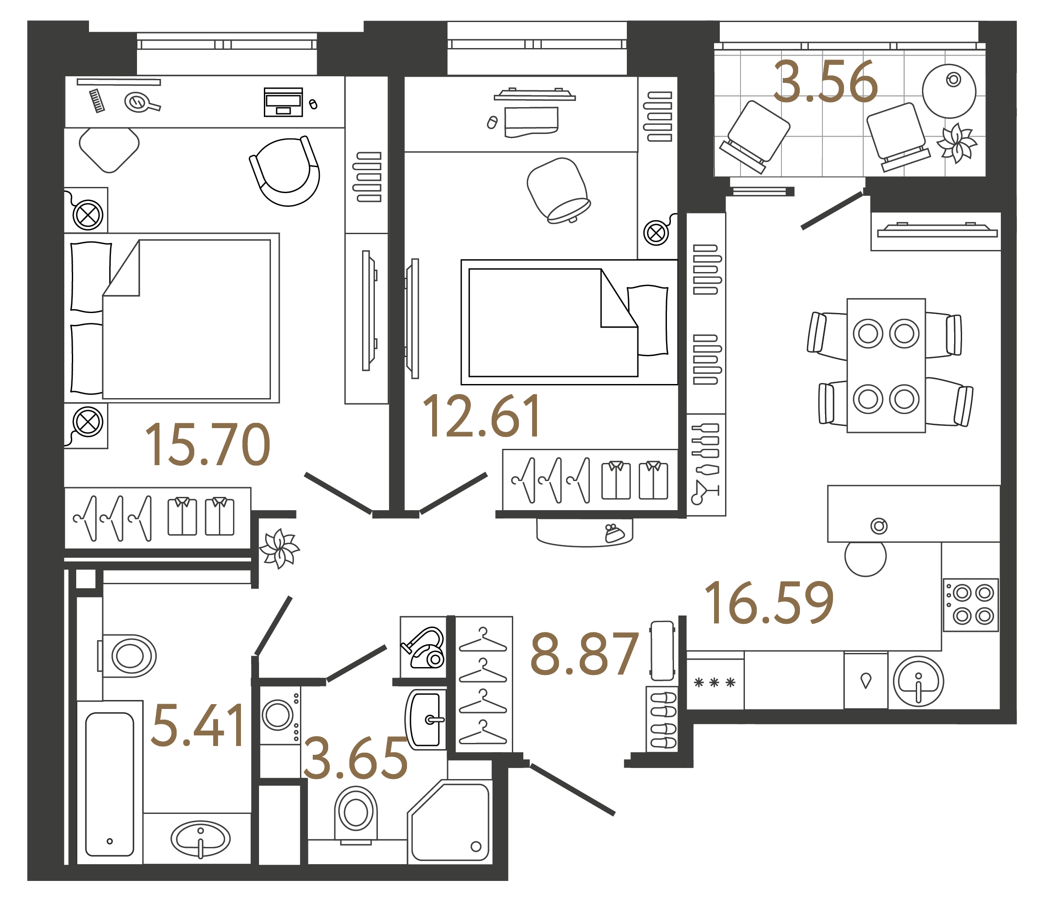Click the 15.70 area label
(207, 445)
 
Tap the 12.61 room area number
(481, 417)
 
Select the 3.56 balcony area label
(826, 82)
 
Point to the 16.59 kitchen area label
(769, 603)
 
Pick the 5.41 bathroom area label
(197, 726)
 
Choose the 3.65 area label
(355, 758)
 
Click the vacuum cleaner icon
(423, 648)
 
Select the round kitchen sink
(918, 682)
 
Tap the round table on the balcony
(949, 91)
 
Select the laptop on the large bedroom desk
(283, 102)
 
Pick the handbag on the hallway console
(614, 533)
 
